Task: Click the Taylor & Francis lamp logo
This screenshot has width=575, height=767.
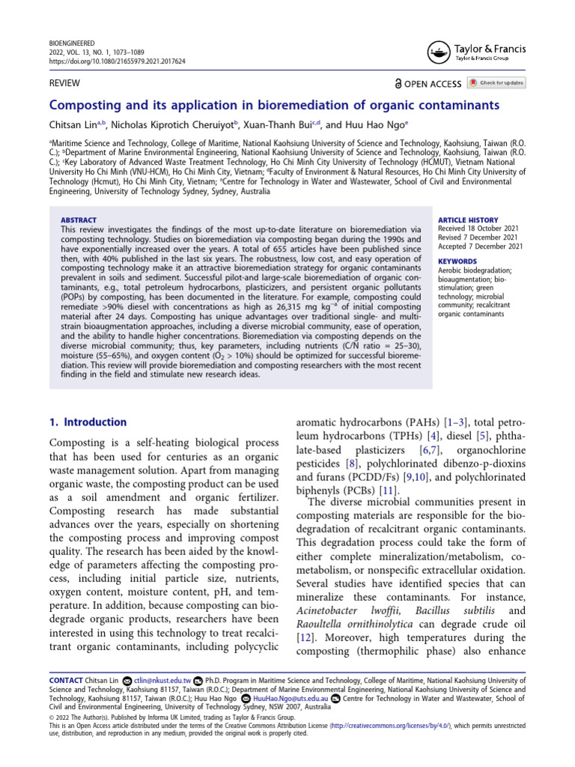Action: pos(438,51)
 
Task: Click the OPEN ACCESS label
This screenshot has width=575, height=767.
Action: pos(433,83)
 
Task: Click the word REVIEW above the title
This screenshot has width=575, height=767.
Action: pos(65,82)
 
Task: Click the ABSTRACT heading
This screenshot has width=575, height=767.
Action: pos(78,220)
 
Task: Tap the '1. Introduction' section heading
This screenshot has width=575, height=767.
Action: pos(88,422)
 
